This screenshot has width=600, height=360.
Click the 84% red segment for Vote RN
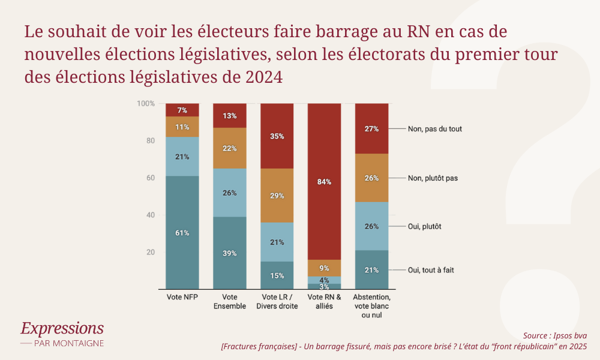click(324, 182)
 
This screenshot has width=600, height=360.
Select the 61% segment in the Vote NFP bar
click(182, 233)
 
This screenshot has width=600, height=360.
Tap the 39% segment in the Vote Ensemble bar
click(230, 253)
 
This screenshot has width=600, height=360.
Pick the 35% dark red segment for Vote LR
click(277, 136)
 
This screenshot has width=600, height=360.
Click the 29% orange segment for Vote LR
click(277, 196)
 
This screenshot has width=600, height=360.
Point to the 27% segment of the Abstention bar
click(372, 129)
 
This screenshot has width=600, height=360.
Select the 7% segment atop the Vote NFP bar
click(182, 110)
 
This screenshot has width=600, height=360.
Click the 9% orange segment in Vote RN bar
click(324, 268)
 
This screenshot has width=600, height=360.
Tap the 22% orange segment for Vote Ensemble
click(230, 148)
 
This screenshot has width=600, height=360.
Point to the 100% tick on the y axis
click(146, 104)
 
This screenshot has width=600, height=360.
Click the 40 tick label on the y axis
click(151, 215)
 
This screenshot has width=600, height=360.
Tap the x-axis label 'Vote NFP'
click(182, 297)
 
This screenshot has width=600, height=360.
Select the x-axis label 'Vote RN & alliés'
click(324, 301)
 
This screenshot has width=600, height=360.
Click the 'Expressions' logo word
click(62, 328)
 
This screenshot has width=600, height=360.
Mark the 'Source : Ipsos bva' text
click(555, 335)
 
